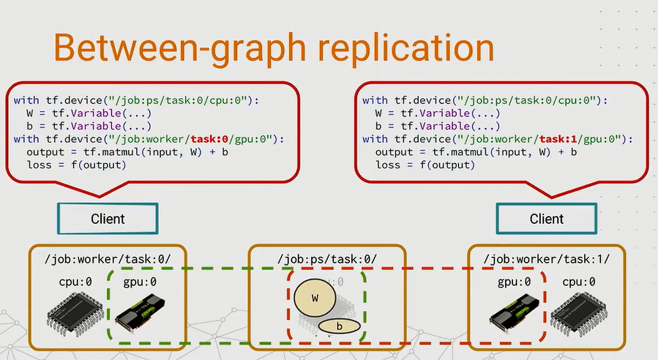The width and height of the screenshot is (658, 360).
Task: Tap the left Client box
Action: pyautogui.click(x=108, y=218)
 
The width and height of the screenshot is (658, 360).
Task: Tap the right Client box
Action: pyautogui.click(x=546, y=218)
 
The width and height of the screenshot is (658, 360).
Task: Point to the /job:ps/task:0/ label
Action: pyautogui.click(x=327, y=259)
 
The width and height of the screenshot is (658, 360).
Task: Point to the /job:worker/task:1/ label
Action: pyautogui.click(x=547, y=259)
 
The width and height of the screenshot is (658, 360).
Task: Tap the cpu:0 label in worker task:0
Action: pyautogui.click(x=76, y=282)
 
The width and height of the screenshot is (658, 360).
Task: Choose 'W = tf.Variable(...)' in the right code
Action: pyautogui.click(x=437, y=113)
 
